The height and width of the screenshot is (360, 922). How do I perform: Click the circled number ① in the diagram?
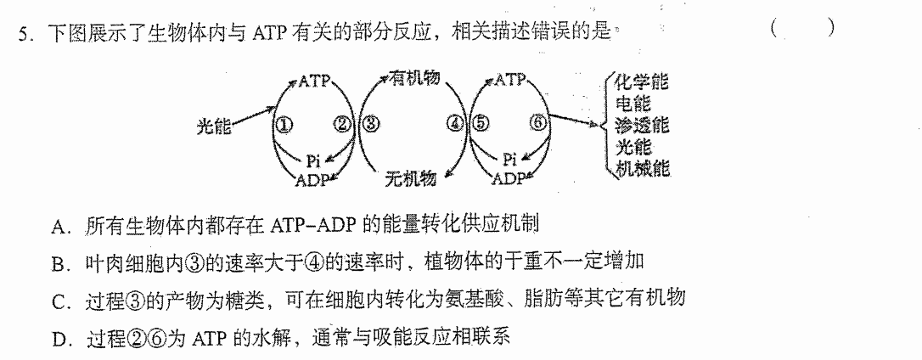coord(286,125)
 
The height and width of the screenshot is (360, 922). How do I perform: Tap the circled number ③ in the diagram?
coord(370,124)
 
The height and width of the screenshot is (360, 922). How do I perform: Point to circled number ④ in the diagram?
coord(455,124)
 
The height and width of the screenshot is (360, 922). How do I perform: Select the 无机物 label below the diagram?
coord(411,177)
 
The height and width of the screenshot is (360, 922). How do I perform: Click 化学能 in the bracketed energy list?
coord(642,81)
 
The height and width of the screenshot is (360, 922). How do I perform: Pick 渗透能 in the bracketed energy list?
coord(642,125)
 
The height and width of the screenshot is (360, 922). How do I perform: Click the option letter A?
coord(59,225)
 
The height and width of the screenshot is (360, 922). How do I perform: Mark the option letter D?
coord(58,339)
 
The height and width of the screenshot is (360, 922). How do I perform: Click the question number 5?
coord(23,35)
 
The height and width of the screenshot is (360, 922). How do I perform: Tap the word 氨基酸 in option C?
coord(475,300)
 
